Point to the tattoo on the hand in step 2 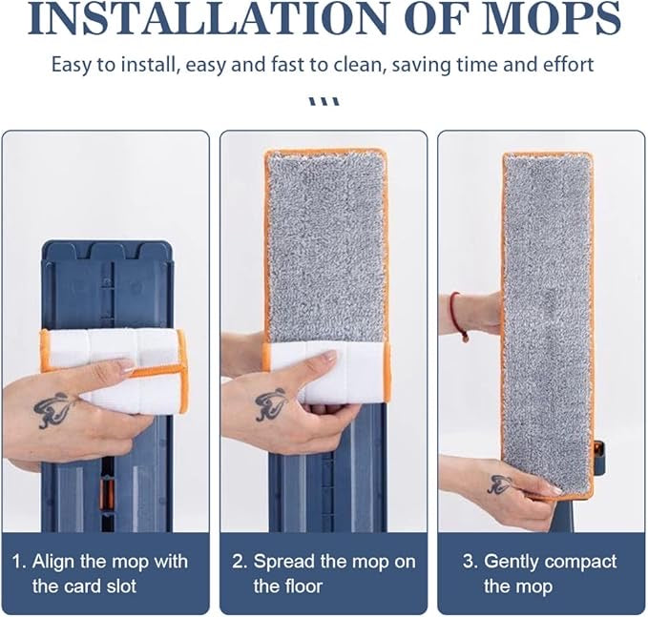click(272, 405)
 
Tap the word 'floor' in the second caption click(301, 585)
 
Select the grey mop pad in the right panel click(547, 315)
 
